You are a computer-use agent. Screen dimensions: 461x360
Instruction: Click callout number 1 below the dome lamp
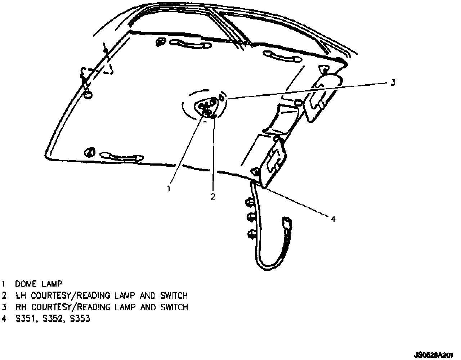coord(169,188)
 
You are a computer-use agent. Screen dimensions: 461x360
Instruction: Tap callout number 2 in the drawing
coord(213,197)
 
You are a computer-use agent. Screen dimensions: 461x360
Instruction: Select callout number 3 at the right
coord(393,82)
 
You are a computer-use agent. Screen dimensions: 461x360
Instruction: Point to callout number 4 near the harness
coord(333,219)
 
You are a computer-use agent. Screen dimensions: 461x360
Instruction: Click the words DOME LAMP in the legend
coord(39,284)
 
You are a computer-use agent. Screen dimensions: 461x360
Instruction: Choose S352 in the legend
coord(53,319)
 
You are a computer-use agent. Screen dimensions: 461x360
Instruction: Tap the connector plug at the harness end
coord(287,222)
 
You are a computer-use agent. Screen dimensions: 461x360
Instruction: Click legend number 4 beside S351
coord(4,319)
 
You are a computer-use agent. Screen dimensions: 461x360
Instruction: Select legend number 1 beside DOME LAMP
coord(4,284)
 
